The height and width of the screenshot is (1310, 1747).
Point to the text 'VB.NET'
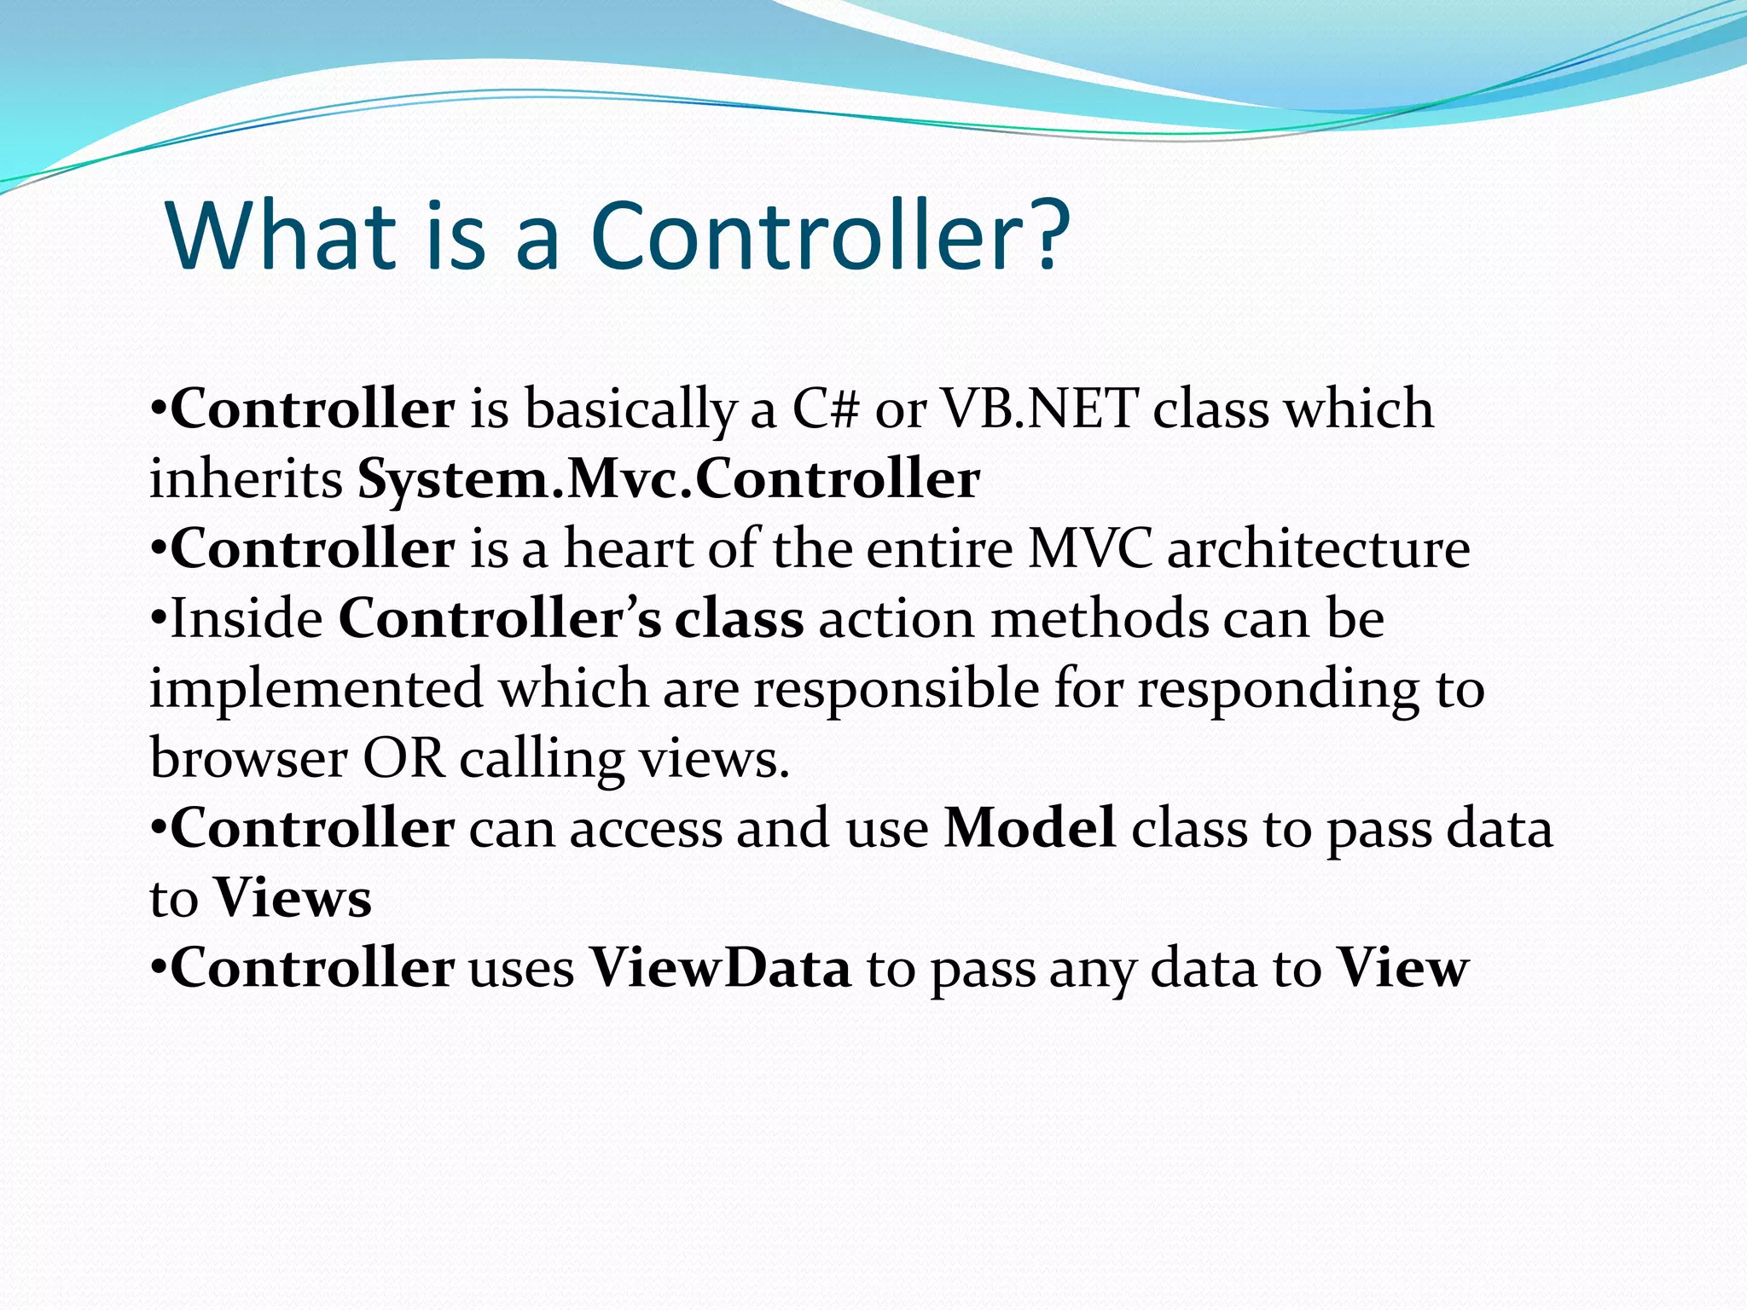pos(1040,409)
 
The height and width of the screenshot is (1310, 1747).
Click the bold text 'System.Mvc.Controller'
pos(668,479)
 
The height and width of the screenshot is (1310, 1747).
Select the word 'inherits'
pos(246,479)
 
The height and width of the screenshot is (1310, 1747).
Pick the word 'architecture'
pos(1318,548)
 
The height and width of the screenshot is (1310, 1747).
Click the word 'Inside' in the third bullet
pos(247,618)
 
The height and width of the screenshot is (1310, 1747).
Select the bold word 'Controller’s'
pos(500,618)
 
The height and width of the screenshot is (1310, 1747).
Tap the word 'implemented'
pos(316,689)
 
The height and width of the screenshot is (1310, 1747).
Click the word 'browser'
pos(248,759)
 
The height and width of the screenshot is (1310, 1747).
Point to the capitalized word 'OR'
pos(404,759)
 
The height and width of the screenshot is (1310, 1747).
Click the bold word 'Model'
pos(1030,828)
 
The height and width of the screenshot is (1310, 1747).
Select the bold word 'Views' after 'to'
pos(293,899)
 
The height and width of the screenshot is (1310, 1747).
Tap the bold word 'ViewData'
pos(721,969)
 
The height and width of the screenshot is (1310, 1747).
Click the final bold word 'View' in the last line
pos(1402,969)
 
